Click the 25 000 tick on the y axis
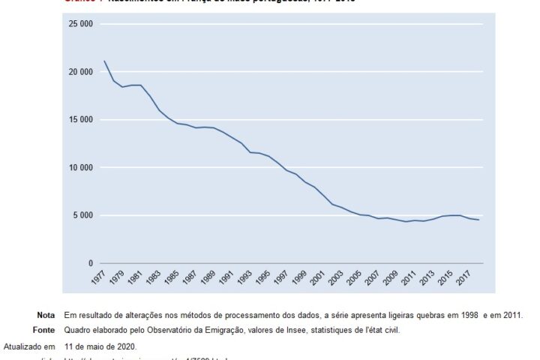click(x=80, y=24)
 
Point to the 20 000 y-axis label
click(x=80, y=72)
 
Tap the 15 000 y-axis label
click(x=80, y=120)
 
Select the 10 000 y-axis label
click(x=80, y=168)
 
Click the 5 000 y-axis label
click(x=82, y=216)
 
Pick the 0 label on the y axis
click(x=89, y=264)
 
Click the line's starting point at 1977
click(x=104, y=61)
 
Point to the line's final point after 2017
click(x=478, y=220)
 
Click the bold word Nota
click(x=46, y=315)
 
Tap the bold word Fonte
click(x=44, y=330)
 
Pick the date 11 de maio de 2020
click(x=100, y=346)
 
